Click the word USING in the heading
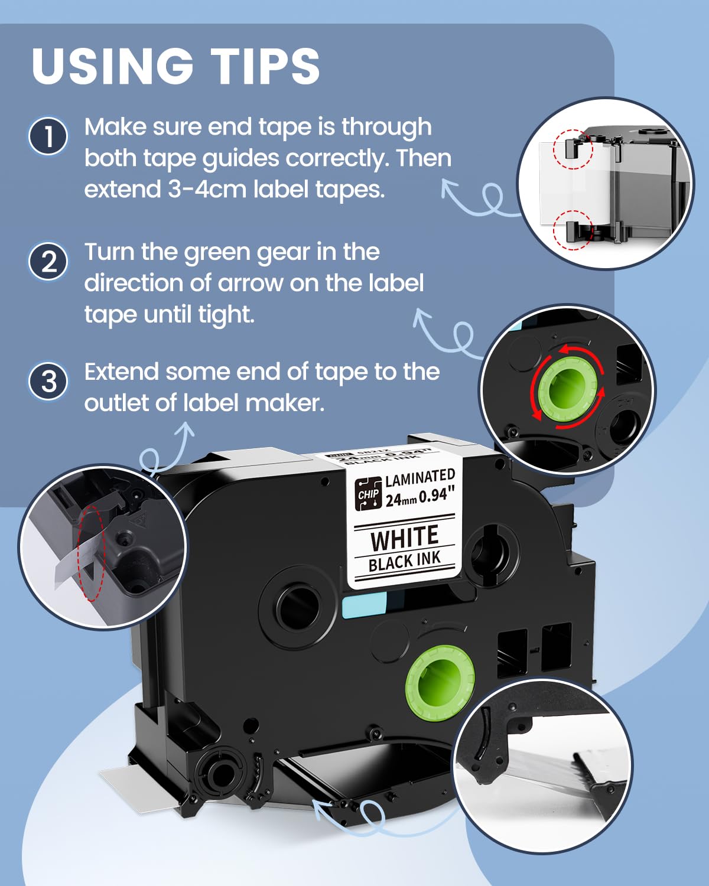tap(112, 66)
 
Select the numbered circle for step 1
tap(48, 136)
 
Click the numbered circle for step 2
tap(48, 261)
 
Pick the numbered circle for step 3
tap(48, 381)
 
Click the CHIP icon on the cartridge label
tap(368, 494)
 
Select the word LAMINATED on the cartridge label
tap(420, 478)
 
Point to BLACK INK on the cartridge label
tap(405, 562)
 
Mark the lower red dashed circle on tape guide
tap(573, 229)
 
